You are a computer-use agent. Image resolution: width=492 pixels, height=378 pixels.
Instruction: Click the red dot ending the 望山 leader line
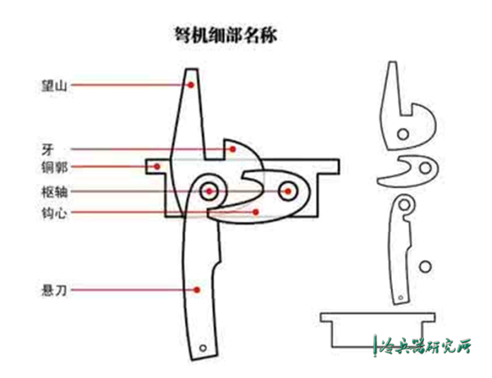pyautogui.click(x=187, y=83)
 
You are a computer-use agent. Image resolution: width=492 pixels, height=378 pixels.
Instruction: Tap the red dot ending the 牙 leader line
pyautogui.click(x=233, y=148)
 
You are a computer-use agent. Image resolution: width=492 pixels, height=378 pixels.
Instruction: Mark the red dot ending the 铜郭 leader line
pyautogui.click(x=155, y=166)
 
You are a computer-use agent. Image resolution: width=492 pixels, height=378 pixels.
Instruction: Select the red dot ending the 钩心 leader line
pyautogui.click(x=257, y=212)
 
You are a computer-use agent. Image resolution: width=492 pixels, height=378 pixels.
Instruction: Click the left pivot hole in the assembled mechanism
pyautogui.click(x=210, y=191)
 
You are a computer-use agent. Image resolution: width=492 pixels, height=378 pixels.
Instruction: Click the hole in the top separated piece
pyautogui.click(x=402, y=133)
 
